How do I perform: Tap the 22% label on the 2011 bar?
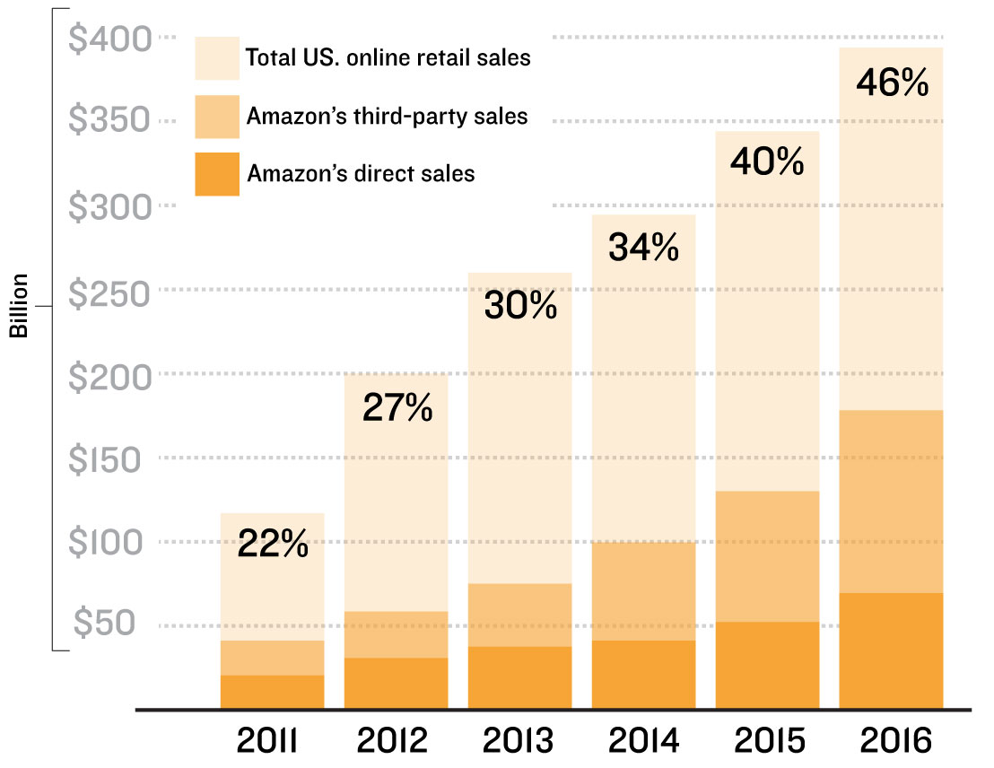coord(273,545)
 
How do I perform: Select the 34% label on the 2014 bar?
coord(643,248)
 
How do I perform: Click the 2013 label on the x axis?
coord(520,742)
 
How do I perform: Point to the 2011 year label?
coord(270,742)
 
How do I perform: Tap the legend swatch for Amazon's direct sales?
coord(217,173)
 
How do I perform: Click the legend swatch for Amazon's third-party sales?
coord(217,117)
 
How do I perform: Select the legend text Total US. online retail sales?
coord(388,59)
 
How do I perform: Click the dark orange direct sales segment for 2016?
coord(891,650)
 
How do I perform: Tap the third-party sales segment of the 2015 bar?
coord(767,556)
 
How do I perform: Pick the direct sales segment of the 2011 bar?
coord(273,692)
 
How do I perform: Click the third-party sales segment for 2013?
coord(520,615)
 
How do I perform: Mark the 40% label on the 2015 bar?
coord(767,162)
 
